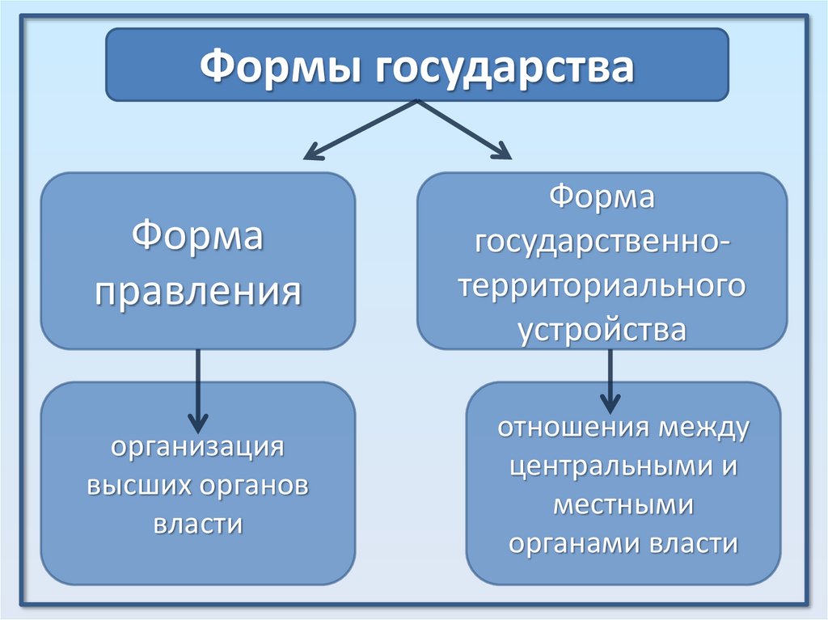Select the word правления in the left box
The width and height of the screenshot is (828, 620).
[x=199, y=290]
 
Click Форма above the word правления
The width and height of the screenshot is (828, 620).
[x=198, y=238]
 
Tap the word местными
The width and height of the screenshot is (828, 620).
[x=623, y=504]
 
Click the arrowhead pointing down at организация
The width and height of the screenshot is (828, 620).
[x=198, y=421]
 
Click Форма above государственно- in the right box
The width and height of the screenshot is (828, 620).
[x=602, y=198]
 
